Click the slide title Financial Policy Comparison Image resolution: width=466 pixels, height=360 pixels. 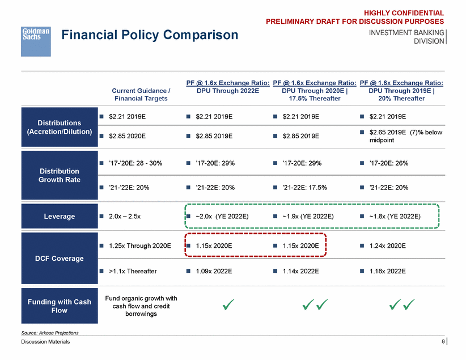click(x=150, y=35)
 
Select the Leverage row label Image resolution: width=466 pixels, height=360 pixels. click(x=60, y=216)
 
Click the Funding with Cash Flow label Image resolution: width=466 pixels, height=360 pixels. click(x=60, y=306)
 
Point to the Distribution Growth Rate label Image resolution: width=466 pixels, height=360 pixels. click(x=60, y=175)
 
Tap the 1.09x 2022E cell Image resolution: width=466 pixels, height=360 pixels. click(x=214, y=271)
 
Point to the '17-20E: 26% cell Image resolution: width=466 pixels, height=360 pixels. click(x=388, y=163)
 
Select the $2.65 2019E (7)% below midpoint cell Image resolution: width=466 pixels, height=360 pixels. click(x=404, y=136)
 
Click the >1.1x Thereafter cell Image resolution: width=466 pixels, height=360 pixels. click(x=132, y=271)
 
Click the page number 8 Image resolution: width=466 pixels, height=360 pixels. click(x=442, y=341)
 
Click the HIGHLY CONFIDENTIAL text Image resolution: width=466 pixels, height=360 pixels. click(x=404, y=12)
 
